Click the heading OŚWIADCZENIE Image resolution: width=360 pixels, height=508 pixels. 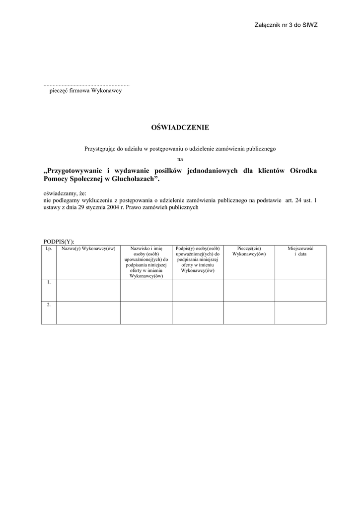pos(180,127)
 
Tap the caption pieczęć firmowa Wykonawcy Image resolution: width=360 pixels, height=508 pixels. pos(85,91)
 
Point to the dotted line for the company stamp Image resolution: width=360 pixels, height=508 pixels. pos(87,84)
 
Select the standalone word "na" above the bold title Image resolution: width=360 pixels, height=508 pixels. pos(180,159)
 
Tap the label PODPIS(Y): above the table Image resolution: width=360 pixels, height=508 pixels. pos(59,241)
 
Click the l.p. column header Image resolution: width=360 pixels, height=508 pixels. pos(49,248)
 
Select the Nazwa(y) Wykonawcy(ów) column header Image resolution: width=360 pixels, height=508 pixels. pos(88,248)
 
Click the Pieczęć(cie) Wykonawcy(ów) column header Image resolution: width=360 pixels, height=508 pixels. pos(249,251)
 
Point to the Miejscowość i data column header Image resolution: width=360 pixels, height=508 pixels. pos(300,251)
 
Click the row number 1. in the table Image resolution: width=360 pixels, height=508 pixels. pos(49,282)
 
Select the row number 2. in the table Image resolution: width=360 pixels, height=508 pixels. pos(49,305)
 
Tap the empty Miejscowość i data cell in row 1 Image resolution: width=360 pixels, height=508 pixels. pos(300,290)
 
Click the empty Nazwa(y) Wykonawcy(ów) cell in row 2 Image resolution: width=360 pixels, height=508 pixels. pos(88,313)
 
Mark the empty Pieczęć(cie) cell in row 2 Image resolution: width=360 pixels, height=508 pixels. pos(249,313)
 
